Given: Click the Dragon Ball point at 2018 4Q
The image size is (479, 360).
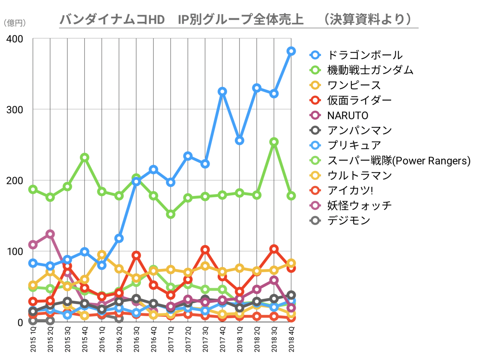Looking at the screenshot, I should pyautogui.click(x=291, y=51).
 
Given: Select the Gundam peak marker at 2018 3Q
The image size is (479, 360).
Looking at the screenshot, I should pyautogui.click(x=274, y=142).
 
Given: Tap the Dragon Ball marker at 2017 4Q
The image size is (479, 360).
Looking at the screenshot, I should pyautogui.click(x=222, y=92).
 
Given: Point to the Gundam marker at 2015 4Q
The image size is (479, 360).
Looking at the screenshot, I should pyautogui.click(x=85, y=157).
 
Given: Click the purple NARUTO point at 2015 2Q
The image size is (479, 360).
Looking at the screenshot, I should pyautogui.click(x=50, y=234).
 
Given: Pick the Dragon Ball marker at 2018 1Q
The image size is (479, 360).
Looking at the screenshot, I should pyautogui.click(x=239, y=141).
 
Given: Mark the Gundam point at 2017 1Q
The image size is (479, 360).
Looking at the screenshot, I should pyautogui.click(x=171, y=214).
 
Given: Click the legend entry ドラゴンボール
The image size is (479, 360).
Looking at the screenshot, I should pyautogui.click(x=365, y=55).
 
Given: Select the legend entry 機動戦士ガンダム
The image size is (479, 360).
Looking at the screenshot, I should pyautogui.click(x=370, y=70).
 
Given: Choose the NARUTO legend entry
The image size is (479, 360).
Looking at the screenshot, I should pyautogui.click(x=348, y=116).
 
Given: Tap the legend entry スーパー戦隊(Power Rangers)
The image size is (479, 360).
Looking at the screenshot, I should pyautogui.click(x=399, y=161).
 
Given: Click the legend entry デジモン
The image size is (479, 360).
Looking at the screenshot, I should pyautogui.click(x=349, y=221).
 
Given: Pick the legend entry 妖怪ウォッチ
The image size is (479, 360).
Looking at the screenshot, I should pyautogui.click(x=359, y=206).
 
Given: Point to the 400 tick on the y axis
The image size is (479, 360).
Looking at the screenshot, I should pyautogui.click(x=15, y=39).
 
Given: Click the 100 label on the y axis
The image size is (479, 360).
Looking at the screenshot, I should pyautogui.click(x=15, y=251).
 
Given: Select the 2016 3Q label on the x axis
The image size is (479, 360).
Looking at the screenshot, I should pyautogui.click(x=136, y=339).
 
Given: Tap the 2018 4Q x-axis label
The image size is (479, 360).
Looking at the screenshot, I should pyautogui.click(x=291, y=339).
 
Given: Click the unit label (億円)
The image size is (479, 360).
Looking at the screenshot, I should pyautogui.click(x=15, y=23).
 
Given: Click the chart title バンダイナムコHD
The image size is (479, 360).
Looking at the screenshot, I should pyautogui.click(x=112, y=19).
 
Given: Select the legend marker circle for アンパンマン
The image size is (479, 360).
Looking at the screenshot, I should pyautogui.click(x=315, y=130).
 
